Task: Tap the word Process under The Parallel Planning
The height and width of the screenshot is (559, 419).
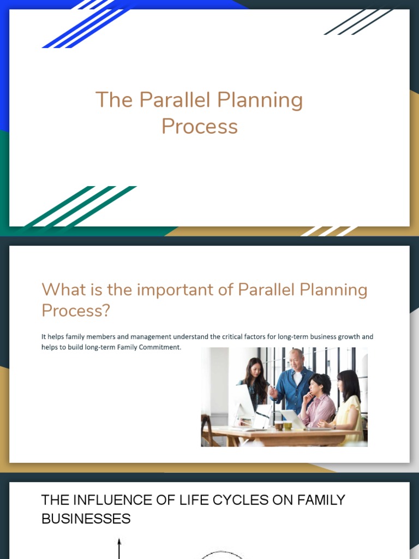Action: (x=200, y=127)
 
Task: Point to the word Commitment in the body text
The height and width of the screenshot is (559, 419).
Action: (x=161, y=347)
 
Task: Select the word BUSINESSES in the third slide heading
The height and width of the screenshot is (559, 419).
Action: (x=86, y=518)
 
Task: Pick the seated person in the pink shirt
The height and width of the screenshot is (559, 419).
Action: (x=319, y=399)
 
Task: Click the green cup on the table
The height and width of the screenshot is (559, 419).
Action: (x=287, y=425)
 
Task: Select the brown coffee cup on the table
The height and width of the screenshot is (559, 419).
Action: (x=278, y=425)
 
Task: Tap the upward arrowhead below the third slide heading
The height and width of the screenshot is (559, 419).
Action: (x=119, y=542)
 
